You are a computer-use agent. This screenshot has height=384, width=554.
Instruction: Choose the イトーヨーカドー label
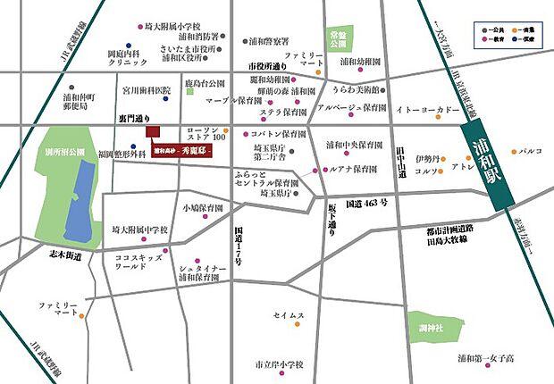coord(429,111)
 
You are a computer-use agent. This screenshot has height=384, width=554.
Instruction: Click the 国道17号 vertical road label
coord(238,243)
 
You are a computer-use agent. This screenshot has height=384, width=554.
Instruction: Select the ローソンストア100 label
coord(212,134)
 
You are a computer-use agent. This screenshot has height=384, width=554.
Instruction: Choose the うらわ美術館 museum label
coord(357,90)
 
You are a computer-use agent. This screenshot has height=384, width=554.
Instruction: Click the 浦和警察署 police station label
coord(269,41)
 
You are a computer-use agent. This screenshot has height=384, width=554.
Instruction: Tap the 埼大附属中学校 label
coord(140,230)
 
